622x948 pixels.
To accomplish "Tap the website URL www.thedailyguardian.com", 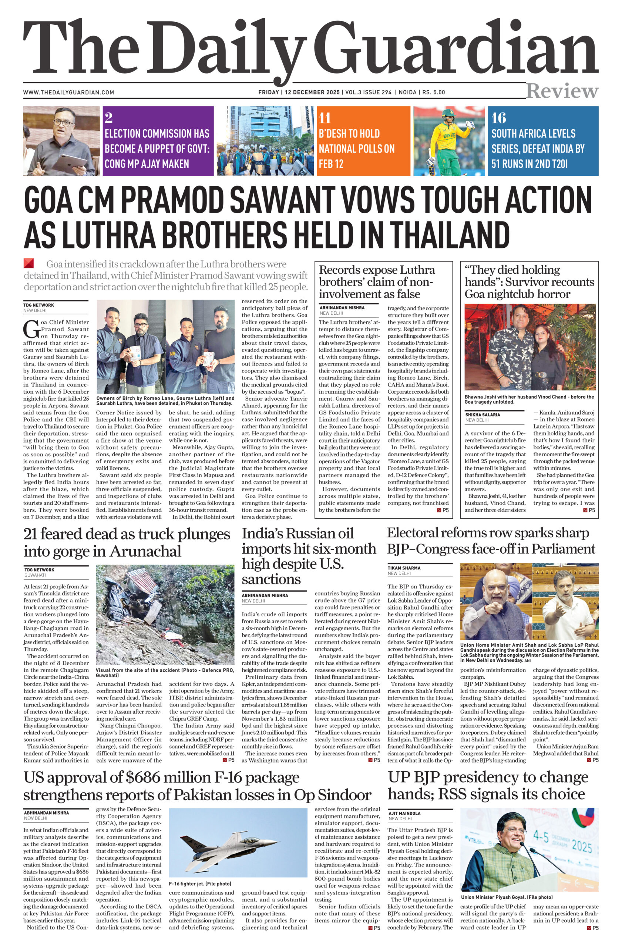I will click(68, 93).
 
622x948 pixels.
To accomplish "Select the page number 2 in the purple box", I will click(108, 118).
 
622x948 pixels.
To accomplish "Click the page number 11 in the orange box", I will click(325, 118).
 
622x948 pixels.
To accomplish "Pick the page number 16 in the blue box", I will click(498, 118).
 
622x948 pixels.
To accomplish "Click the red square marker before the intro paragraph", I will click(28, 263).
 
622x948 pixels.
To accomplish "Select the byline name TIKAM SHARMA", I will click(404, 568).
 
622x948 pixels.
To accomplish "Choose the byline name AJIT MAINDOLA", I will click(405, 813).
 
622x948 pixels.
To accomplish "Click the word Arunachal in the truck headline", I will click(145, 551).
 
